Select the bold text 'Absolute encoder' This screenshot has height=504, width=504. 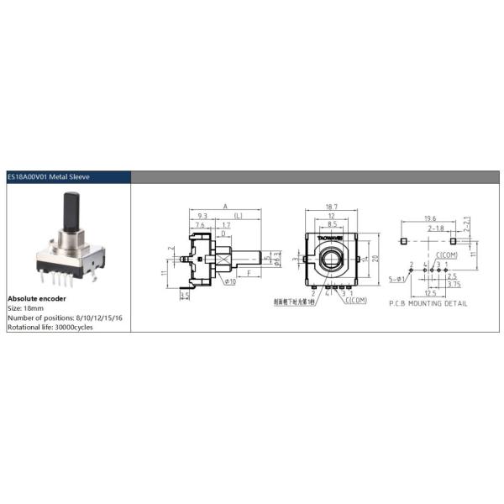[37, 298]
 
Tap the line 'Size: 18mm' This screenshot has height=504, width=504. [27, 308]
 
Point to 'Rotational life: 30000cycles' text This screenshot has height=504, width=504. [50, 327]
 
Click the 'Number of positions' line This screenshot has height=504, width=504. [66, 318]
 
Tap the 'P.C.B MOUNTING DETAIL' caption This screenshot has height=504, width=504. [428, 303]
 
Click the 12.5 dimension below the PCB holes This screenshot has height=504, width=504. [430, 293]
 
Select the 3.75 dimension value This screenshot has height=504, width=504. [453, 284]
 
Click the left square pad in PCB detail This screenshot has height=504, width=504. [404, 241]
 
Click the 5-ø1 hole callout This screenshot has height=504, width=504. [396, 277]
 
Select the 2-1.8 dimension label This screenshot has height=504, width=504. [436, 228]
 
